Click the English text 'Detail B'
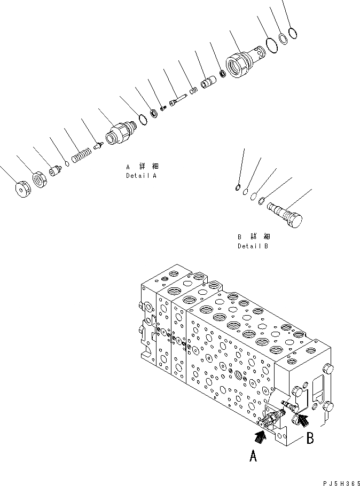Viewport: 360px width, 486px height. point(253,246)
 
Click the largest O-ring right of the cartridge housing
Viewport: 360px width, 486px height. point(271,46)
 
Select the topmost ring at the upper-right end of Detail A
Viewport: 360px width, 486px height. point(292,34)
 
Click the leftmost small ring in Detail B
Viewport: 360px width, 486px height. point(238,186)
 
